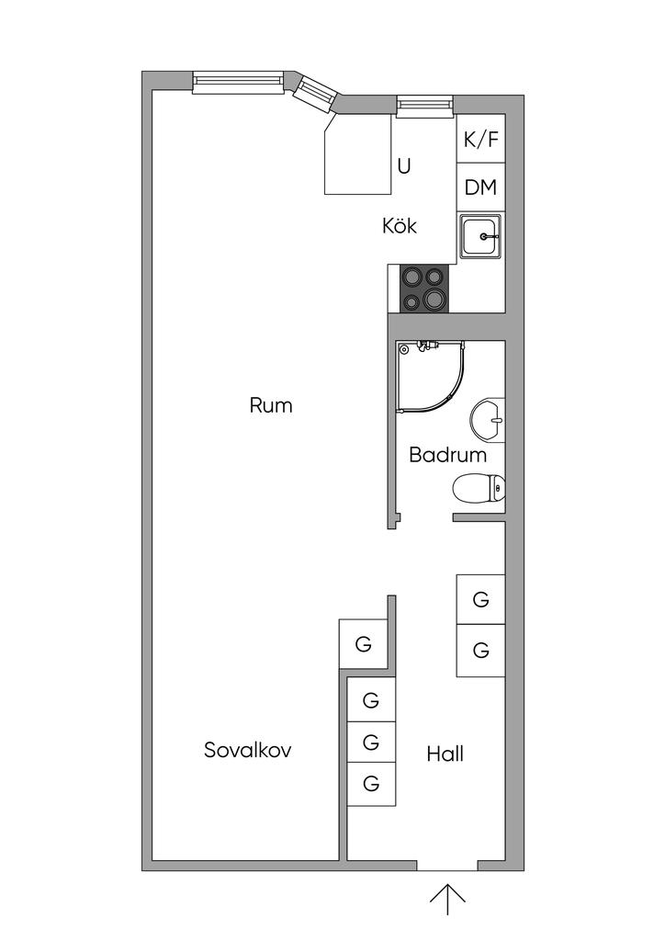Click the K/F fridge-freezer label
pyautogui.click(x=480, y=140)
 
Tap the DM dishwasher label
pyautogui.click(x=480, y=187)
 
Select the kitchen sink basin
pyautogui.click(x=479, y=237)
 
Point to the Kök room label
pyautogui.click(x=400, y=225)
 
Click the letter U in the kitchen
pyautogui.click(x=404, y=166)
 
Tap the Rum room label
pyautogui.click(x=271, y=404)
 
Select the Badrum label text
pyautogui.click(x=447, y=454)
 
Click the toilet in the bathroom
pyautogui.click(x=479, y=488)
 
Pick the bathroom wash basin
pyautogui.click(x=487, y=421)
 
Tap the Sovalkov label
pyautogui.click(x=248, y=750)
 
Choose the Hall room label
pyautogui.click(x=445, y=754)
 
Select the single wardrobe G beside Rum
pyautogui.click(x=364, y=644)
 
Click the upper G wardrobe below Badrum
pyautogui.click(x=480, y=600)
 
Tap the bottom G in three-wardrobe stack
pyautogui.click(x=371, y=784)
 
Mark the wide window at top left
pyautogui.click(x=238, y=82)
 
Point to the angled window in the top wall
pyautogui.click(x=315, y=93)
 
